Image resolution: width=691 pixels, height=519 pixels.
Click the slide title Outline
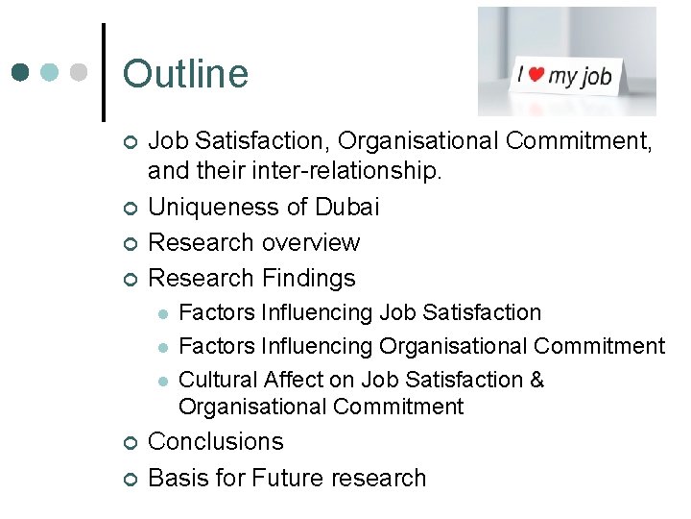pyautogui.click(x=185, y=74)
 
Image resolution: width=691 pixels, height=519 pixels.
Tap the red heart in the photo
pyautogui.click(x=537, y=74)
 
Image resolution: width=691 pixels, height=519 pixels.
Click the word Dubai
pyautogui.click(x=346, y=207)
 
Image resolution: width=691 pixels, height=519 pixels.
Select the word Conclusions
pyautogui.click(x=216, y=442)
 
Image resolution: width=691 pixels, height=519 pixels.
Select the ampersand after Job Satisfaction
pyautogui.click(x=536, y=380)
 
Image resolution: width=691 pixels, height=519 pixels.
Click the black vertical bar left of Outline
pyautogui.click(x=103, y=72)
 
